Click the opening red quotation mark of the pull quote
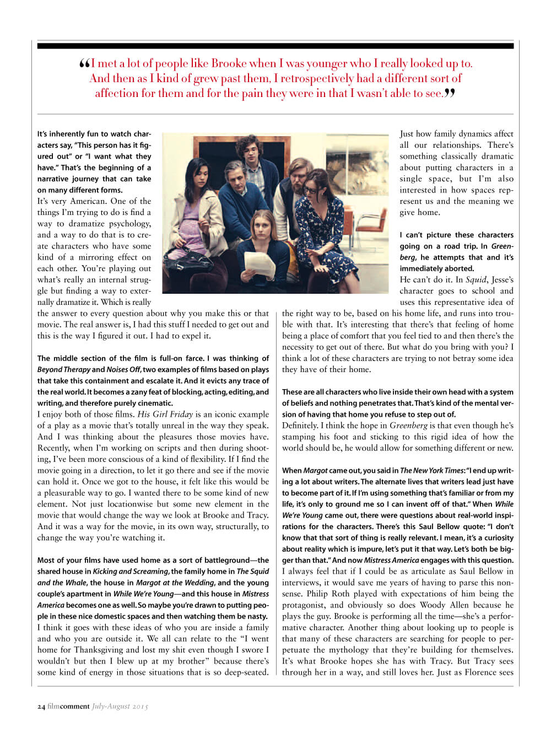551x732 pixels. click(x=84, y=63)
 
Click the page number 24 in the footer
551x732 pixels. click(x=41, y=706)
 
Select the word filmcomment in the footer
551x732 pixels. click(x=68, y=706)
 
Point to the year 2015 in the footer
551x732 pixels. click(x=140, y=706)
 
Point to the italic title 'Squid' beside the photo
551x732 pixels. click(x=476, y=279)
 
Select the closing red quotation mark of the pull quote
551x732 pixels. click(x=450, y=93)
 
